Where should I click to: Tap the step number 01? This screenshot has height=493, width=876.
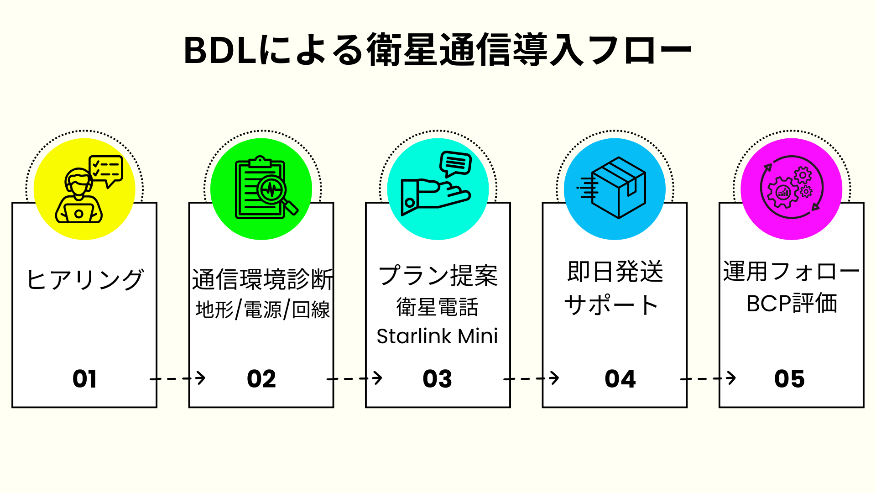point(85,379)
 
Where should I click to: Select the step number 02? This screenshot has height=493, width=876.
point(261,379)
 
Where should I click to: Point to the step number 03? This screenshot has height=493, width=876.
point(437,379)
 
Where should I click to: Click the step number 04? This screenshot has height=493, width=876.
point(620,379)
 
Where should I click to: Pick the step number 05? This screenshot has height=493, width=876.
point(789,379)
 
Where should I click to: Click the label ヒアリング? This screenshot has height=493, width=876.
point(85,279)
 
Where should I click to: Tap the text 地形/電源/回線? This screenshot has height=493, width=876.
point(262,310)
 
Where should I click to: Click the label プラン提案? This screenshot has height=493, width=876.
point(438,276)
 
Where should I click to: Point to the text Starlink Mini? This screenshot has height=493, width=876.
point(437,336)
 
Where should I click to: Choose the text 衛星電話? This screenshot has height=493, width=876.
point(437,307)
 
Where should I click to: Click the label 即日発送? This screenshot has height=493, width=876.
point(615,272)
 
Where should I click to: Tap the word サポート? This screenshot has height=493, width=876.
point(611,305)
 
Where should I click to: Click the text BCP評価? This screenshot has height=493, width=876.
point(792,303)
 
